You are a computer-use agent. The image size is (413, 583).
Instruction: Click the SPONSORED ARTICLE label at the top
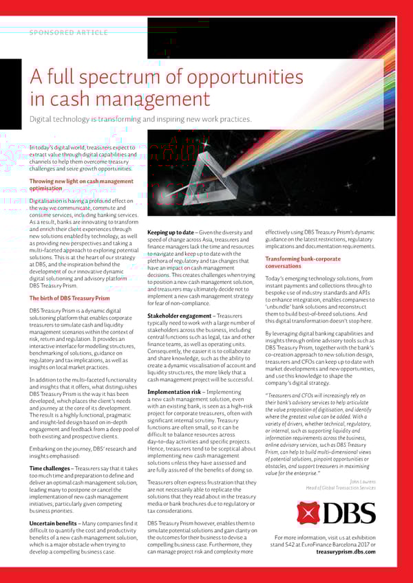click(68, 32)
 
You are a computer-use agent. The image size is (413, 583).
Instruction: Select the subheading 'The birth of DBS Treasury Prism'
click(69, 298)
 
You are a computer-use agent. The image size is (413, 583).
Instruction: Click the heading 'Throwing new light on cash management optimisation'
click(81, 184)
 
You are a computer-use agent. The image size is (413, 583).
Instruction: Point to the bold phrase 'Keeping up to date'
click(171, 232)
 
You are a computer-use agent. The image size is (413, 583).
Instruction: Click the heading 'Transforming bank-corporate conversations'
click(303, 262)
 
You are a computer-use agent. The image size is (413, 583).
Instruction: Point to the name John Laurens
click(363, 481)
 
